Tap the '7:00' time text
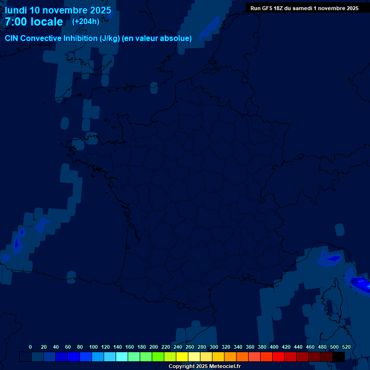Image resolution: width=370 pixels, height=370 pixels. (16, 22)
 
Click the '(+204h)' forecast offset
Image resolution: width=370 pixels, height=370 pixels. (85, 22)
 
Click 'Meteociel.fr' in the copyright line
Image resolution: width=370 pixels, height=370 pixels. (225, 367)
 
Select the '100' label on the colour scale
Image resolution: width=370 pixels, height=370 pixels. (93, 347)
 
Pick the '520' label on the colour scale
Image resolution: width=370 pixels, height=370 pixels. (346, 347)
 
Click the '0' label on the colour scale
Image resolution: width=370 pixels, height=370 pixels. (30, 347)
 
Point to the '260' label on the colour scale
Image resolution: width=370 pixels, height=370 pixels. (190, 347)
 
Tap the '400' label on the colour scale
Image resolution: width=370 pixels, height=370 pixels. (274, 347)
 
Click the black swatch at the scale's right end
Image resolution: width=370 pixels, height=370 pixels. (339, 357)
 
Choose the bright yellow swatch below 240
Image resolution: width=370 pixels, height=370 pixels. (182, 357)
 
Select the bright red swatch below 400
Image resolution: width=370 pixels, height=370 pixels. (278, 357)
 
